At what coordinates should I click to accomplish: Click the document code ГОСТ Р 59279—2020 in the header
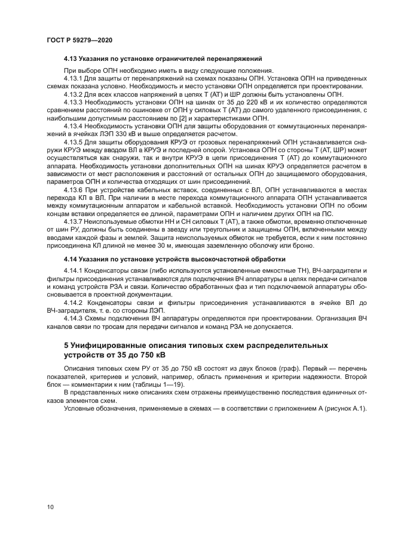(79, 39)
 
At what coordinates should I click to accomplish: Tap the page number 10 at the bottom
(50, 507)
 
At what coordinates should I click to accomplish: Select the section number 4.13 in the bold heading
(71, 59)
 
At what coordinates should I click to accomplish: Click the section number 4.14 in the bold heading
(71, 260)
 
